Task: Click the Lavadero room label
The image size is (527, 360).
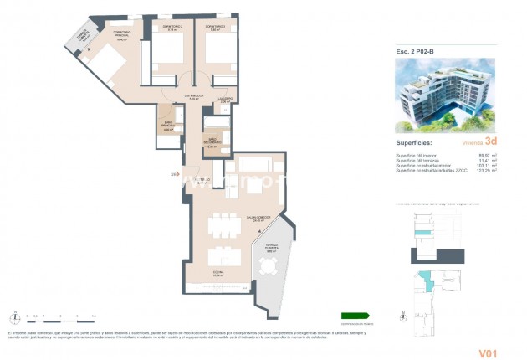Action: (x=225, y=99)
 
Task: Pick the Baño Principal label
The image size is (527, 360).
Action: (x=168, y=127)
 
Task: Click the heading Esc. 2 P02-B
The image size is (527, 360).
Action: (x=415, y=52)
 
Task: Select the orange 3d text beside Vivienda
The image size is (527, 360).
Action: (x=490, y=142)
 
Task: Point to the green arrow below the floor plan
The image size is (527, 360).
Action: (x=355, y=316)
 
